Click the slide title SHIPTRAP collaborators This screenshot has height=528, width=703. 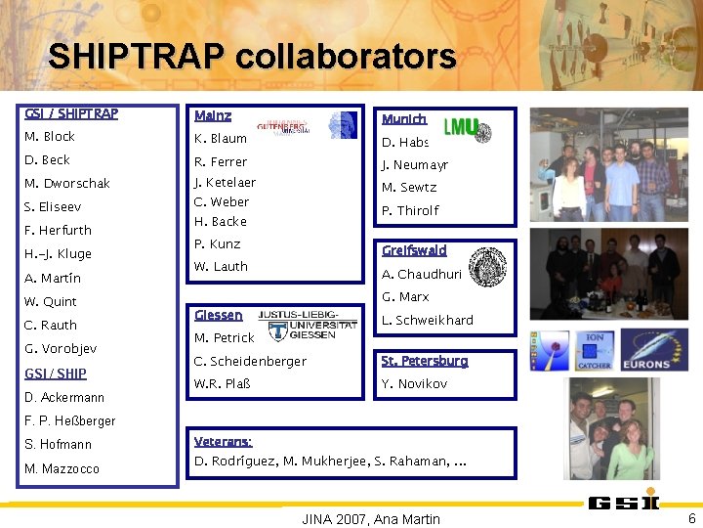click(252, 57)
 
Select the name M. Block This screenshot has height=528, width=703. click(50, 137)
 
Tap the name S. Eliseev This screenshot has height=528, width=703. click(53, 207)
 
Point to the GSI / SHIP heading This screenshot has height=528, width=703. click(56, 374)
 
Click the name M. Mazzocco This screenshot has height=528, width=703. click(62, 468)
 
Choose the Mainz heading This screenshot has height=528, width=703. click(213, 115)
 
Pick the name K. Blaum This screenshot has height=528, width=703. click(221, 139)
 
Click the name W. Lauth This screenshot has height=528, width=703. click(221, 266)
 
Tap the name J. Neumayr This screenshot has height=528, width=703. click(415, 165)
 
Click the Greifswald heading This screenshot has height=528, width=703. click(414, 250)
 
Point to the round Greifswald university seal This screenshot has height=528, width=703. click(487, 265)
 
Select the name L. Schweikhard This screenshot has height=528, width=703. click(428, 321)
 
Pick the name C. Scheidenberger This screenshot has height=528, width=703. click(250, 362)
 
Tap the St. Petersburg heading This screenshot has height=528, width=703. click(425, 361)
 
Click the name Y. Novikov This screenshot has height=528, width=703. click(414, 384)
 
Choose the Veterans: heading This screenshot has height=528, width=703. click(224, 442)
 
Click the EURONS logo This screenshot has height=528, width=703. click(654, 350)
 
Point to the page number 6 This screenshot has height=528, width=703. click(691, 518)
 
